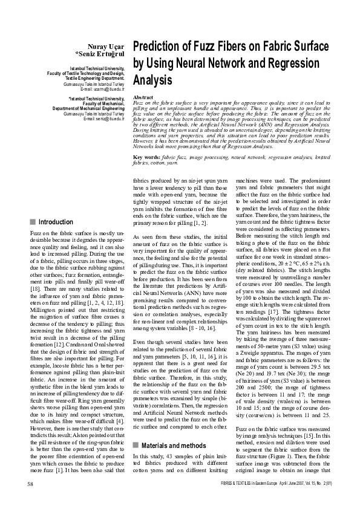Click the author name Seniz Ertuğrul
[x=100, y=53]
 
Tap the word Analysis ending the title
[x=152, y=79]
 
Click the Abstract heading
[x=143, y=97]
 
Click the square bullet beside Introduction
[x=32, y=222]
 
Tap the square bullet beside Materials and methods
[x=136, y=378]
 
